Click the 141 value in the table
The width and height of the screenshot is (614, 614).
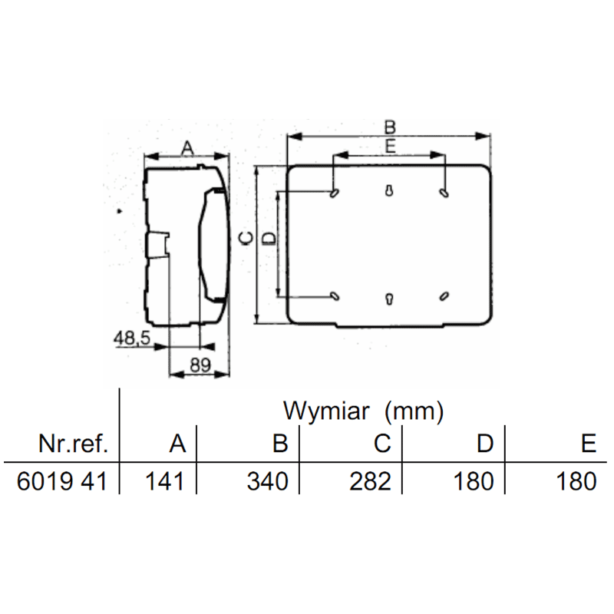(164, 481)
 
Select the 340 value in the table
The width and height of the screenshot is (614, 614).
(267, 481)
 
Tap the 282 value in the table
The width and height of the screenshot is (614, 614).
(370, 481)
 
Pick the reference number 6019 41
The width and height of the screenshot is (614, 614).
(62, 481)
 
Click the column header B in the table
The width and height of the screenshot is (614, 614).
(280, 444)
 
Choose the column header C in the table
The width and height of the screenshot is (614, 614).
(382, 444)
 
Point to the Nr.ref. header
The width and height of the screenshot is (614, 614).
(73, 444)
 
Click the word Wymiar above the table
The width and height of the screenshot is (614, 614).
(326, 411)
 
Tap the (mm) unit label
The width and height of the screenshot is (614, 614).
(414, 412)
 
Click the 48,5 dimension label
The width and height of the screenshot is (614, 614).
(132, 338)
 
